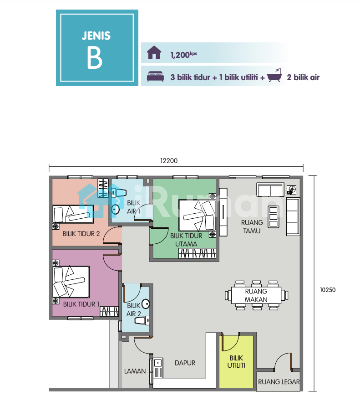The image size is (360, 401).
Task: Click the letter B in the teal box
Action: [95, 57]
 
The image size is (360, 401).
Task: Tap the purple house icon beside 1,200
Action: [154, 52]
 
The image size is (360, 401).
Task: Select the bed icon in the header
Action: [155, 77]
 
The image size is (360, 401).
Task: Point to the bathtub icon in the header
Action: [274, 75]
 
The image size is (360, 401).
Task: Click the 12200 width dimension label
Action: [169, 160]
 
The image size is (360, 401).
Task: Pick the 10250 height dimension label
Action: [328, 290]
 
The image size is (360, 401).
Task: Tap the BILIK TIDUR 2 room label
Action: [81, 234]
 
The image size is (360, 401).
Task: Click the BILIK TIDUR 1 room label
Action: [81, 304]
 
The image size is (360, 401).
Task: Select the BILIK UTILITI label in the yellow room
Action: [236, 362]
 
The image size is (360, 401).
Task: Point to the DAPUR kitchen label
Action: [185, 363]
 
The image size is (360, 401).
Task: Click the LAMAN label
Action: [135, 371]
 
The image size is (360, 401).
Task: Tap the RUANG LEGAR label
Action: [279, 382]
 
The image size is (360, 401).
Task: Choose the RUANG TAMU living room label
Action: [252, 226]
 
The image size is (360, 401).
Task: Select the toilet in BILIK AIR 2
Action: [142, 320]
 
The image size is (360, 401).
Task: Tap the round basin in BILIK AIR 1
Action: [115, 210]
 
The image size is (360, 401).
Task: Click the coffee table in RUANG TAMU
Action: [274, 217]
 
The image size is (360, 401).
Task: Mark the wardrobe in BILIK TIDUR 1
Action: [109, 311]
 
